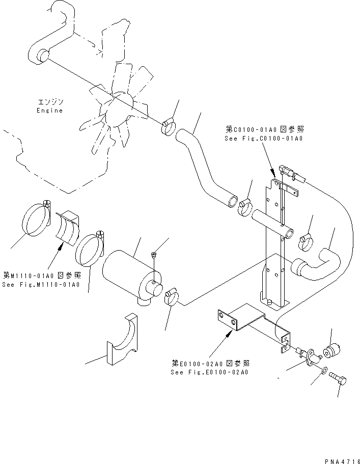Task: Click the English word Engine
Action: [50, 111]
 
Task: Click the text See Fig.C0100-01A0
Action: [264, 139]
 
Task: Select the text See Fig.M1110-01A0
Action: [41, 284]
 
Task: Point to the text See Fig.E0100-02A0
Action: [210, 372]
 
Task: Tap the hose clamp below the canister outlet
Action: [171, 297]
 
